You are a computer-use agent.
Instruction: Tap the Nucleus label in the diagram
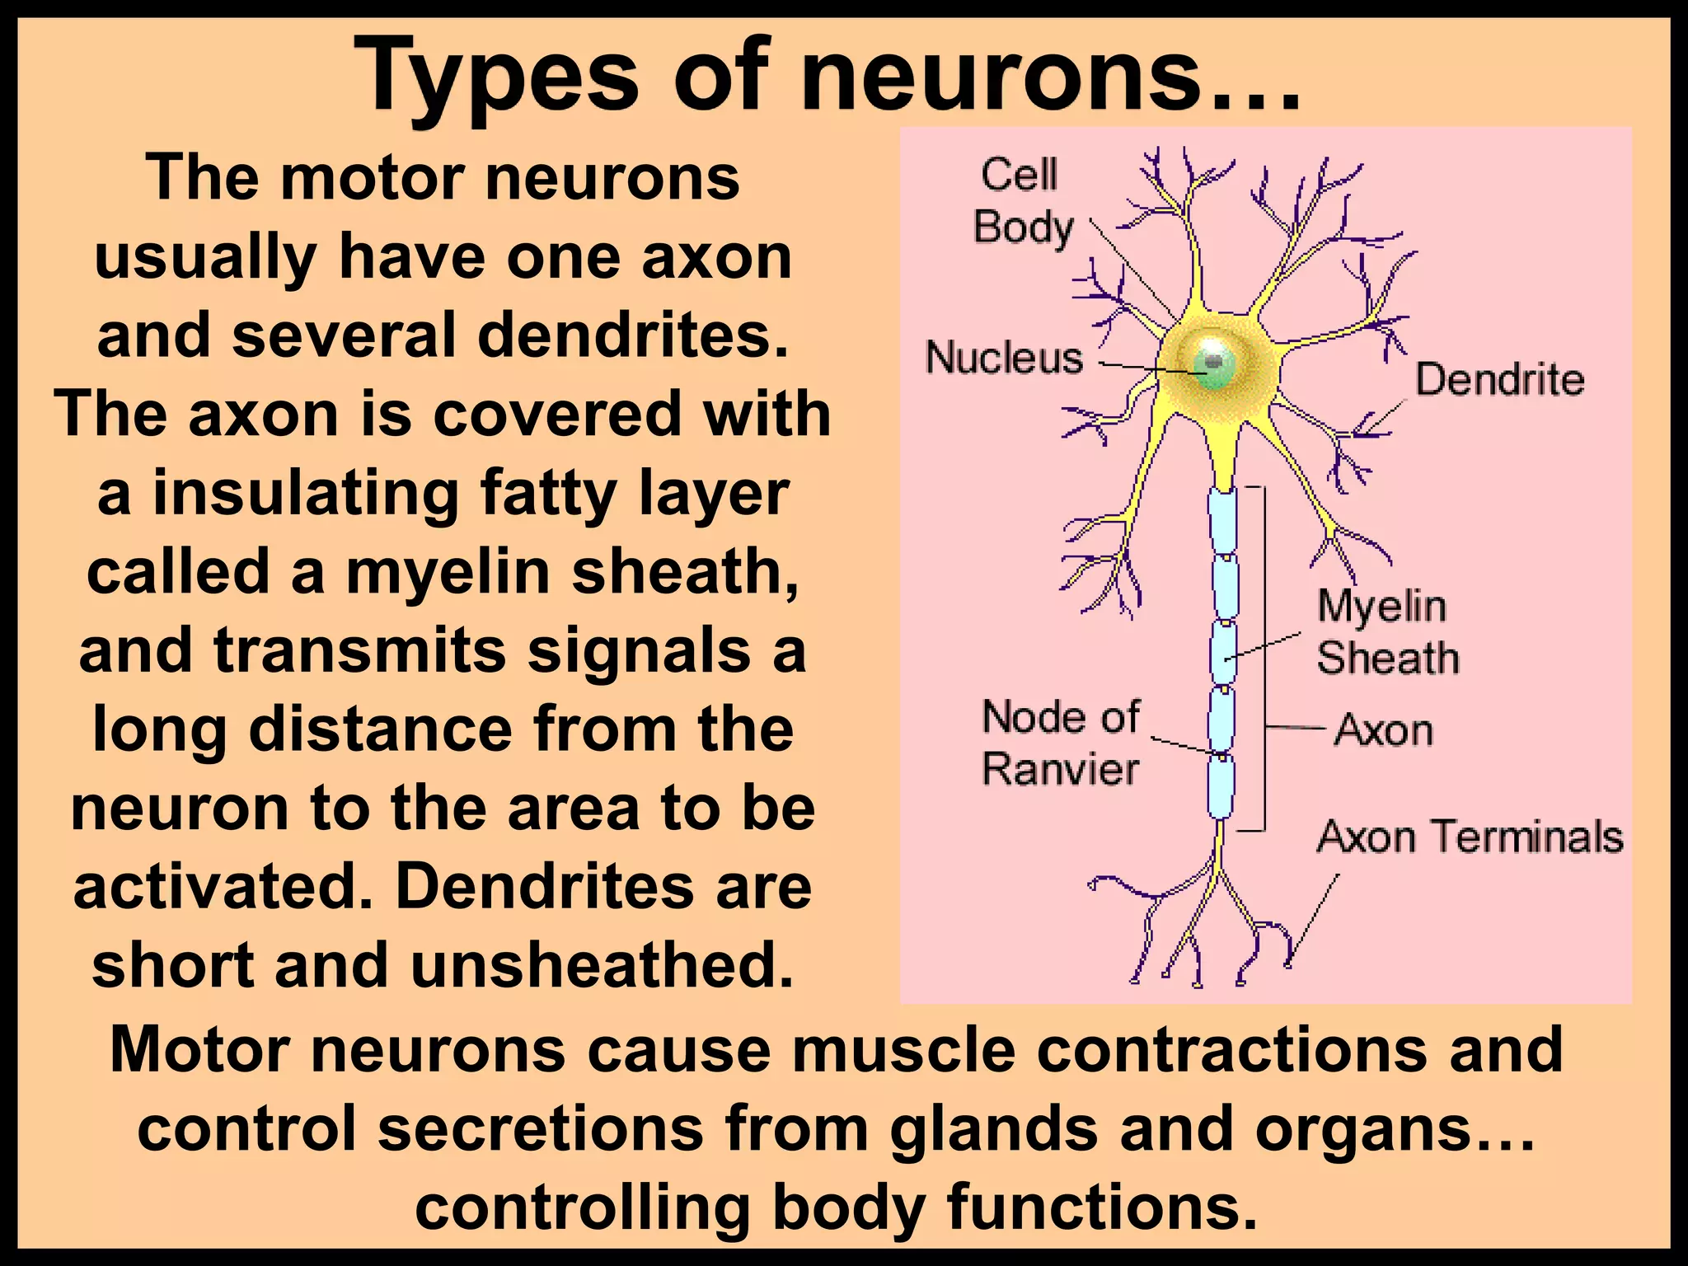(1004, 359)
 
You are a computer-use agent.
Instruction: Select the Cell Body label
(1022, 201)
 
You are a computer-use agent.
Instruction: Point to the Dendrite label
(1499, 381)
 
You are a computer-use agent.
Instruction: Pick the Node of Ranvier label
(1061, 743)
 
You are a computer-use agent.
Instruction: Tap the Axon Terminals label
(1470, 837)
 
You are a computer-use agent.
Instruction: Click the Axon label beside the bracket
(1384, 730)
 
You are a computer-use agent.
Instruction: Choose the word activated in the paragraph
(226, 887)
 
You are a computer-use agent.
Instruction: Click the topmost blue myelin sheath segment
(1222, 522)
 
